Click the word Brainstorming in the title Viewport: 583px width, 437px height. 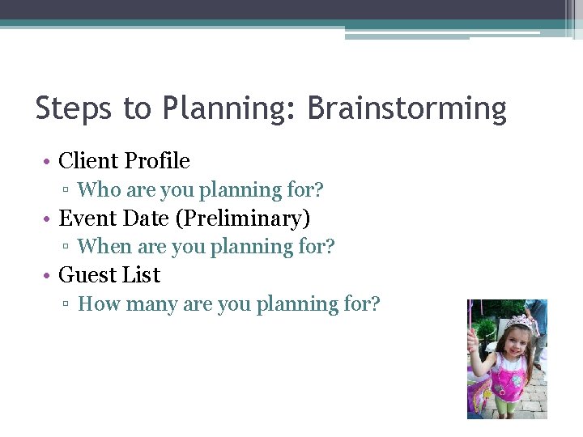coord(407,108)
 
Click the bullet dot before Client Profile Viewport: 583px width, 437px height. coord(49,162)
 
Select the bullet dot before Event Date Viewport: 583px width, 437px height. coord(49,219)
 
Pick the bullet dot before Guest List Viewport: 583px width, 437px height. coord(49,276)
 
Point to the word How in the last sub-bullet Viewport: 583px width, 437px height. coord(96,304)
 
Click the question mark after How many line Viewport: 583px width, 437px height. coord(374,304)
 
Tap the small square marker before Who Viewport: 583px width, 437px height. coord(70,191)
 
